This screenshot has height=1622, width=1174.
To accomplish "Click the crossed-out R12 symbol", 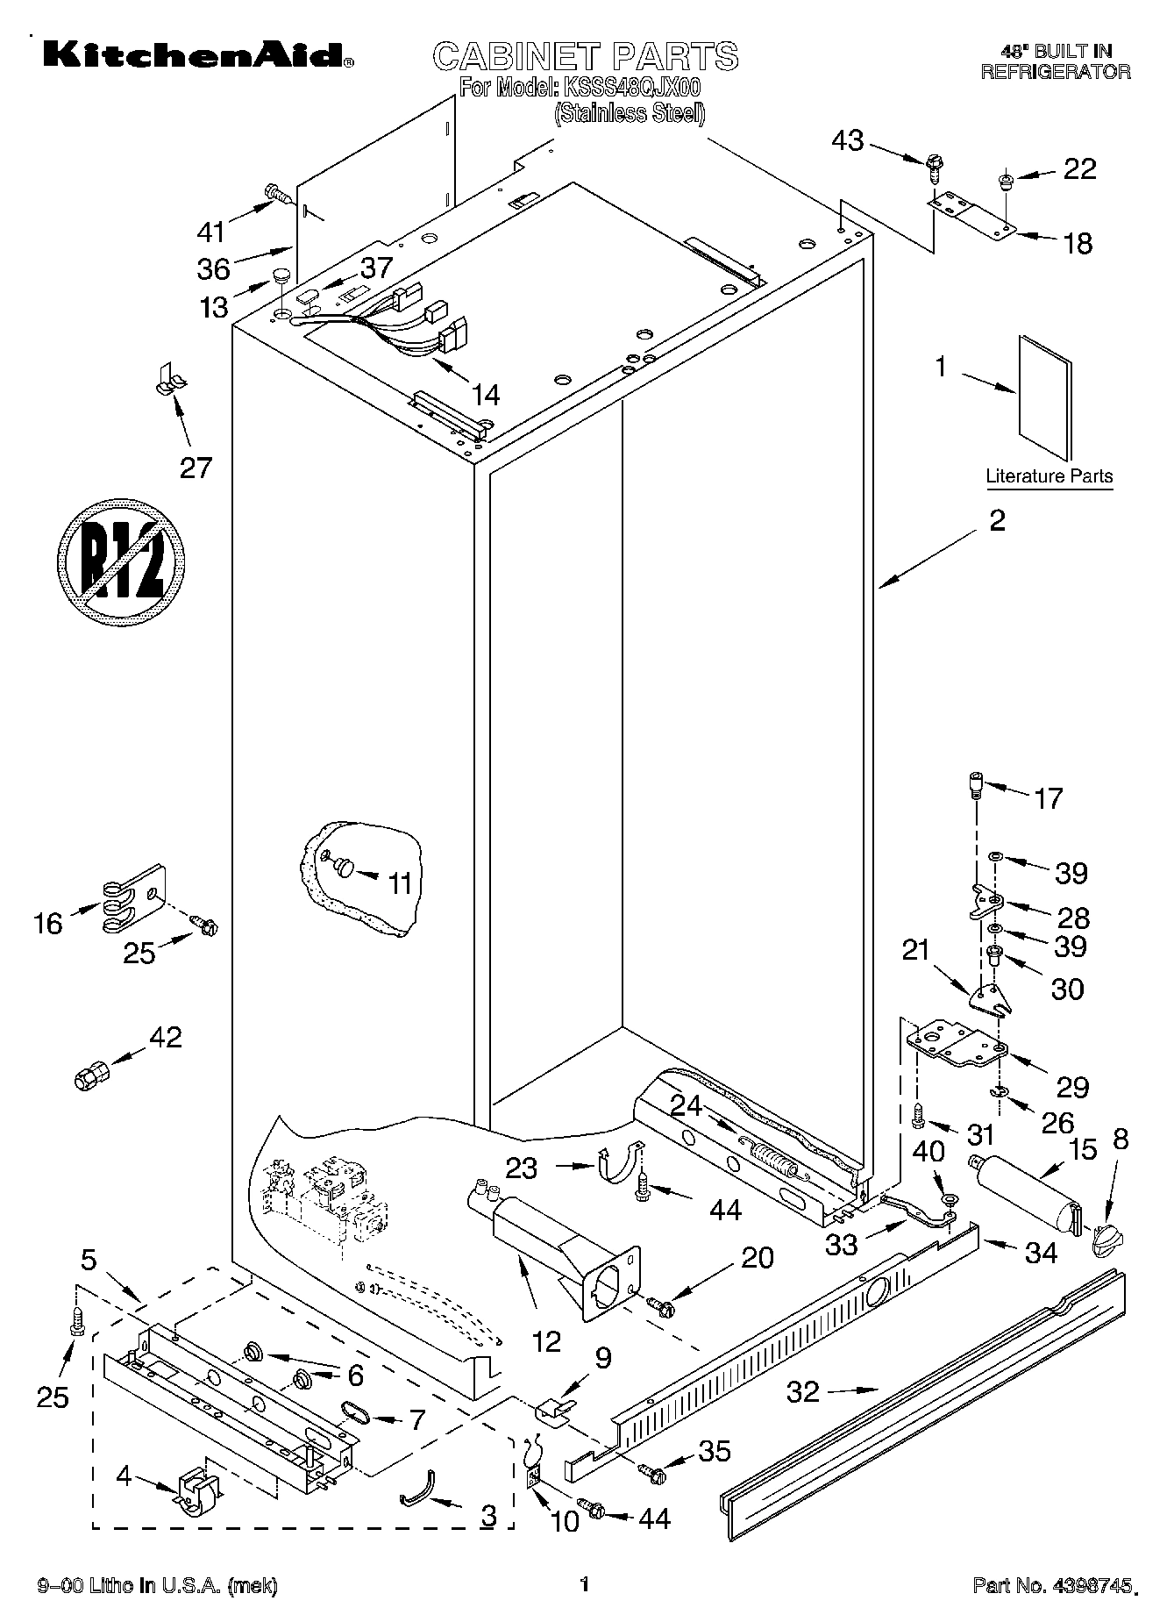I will (x=122, y=562).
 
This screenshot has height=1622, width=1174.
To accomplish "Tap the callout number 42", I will (x=165, y=1037).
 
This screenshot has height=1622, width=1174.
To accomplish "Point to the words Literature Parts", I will (x=1049, y=476).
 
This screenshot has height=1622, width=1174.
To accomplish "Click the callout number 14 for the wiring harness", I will (x=485, y=396).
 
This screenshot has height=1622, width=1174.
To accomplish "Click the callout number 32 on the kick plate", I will (x=803, y=1390).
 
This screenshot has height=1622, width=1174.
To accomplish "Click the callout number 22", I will (x=1079, y=168).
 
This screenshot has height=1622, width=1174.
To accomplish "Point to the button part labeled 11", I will (x=343, y=868).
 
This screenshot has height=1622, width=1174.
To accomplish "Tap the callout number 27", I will (x=196, y=467).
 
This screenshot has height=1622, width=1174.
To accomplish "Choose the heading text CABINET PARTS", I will (x=586, y=56).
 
